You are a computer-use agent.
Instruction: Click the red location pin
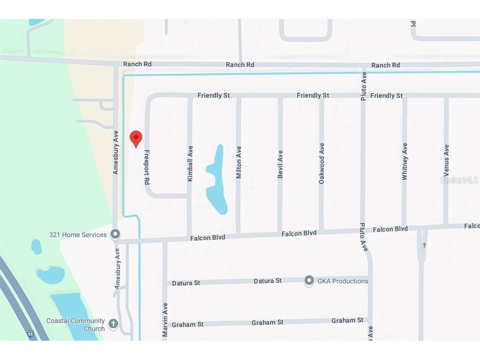coord(136,138)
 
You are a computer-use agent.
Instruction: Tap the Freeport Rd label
coord(147,167)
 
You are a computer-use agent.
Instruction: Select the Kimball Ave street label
coord(190,163)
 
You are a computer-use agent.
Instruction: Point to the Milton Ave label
coord(239,162)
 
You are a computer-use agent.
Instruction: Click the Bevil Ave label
coord(280,164)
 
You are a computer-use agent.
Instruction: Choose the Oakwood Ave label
coord(322,163)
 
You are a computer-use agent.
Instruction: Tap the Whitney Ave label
coord(405,162)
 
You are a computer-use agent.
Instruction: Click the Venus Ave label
coord(446,161)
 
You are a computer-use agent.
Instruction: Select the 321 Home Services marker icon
coord(115,234)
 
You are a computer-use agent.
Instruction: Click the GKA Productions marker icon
coord(309,281)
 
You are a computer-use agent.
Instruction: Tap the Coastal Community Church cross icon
coord(113,324)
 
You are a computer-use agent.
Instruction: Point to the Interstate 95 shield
coord(30,334)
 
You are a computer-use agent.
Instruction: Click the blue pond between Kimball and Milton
coord(217,180)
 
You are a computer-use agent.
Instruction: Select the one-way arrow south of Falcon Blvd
coord(424,245)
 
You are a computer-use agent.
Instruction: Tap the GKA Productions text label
coord(343,281)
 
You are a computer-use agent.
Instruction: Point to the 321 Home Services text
coord(78,235)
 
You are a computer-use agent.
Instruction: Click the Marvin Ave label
coord(165,319)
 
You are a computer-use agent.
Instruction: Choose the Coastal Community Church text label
coord(75,325)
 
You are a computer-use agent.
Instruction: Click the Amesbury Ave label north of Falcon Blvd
coord(116,152)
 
